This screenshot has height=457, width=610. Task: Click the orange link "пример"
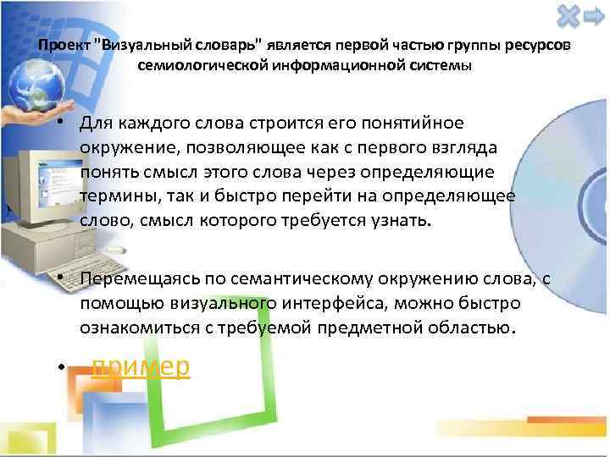click(141, 366)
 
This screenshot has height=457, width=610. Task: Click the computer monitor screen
click(34, 190)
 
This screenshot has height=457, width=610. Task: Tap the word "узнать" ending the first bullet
click(402, 221)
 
